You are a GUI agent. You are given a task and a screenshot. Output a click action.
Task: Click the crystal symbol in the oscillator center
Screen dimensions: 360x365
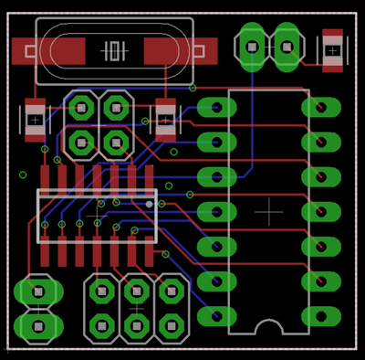point(114,50)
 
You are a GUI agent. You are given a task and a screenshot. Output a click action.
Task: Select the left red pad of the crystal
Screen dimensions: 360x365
point(47,51)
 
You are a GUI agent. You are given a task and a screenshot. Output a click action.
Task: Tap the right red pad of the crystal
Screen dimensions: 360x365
point(181,51)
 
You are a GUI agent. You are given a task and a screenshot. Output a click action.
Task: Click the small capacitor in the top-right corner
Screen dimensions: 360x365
point(333,50)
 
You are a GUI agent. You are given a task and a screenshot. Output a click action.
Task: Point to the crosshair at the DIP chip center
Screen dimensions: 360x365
point(268,212)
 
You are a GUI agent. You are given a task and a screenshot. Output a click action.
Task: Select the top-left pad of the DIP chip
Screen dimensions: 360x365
point(217,108)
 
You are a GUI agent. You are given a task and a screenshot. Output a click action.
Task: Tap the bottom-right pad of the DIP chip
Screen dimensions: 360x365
point(321,316)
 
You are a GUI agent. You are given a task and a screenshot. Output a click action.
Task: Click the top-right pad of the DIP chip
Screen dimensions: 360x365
point(321,108)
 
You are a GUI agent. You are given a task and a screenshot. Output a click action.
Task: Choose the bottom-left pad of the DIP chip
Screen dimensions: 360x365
point(217,316)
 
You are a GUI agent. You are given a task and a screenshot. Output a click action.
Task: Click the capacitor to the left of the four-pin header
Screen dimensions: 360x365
point(35,120)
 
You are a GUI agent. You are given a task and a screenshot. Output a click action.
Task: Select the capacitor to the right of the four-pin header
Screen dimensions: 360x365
point(165,120)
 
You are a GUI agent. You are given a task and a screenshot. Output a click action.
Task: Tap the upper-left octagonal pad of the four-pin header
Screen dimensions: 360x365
point(81,109)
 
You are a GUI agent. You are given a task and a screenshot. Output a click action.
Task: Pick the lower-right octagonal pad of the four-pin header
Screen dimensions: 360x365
point(116,143)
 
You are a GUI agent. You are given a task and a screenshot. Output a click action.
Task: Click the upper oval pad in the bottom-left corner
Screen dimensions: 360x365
point(38,292)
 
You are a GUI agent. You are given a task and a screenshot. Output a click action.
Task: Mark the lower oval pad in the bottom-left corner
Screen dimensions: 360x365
point(38,326)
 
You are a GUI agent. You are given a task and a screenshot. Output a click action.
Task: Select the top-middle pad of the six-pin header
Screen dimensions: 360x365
point(137,291)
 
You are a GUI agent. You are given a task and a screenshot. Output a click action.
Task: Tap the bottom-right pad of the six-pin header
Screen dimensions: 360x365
point(172,325)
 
